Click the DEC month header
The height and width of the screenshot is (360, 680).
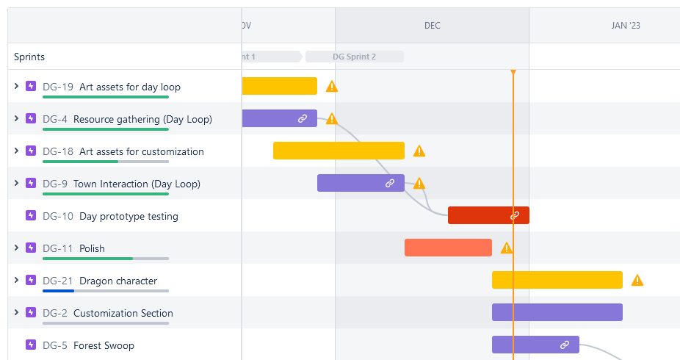point(432,26)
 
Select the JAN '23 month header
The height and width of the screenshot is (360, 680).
point(625,26)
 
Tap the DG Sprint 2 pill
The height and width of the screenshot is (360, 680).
point(354,57)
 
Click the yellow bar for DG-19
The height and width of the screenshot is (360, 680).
point(279,86)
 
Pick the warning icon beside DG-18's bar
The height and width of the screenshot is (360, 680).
point(419,151)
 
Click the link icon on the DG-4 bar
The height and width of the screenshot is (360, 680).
point(303,118)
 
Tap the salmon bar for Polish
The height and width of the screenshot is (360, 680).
point(448,248)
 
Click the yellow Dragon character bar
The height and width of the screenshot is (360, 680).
point(557,280)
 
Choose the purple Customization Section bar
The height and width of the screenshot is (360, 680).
point(557,312)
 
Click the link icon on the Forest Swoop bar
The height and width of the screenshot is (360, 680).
point(565,345)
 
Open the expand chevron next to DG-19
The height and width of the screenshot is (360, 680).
point(16,86)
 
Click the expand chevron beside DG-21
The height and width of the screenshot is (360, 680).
point(16,280)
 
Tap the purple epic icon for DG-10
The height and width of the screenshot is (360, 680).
point(31,215)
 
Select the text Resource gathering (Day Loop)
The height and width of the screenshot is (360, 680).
point(142,119)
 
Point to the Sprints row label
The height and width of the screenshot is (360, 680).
point(29,57)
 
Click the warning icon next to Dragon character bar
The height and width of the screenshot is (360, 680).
point(637,280)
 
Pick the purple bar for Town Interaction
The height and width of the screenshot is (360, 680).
point(352,183)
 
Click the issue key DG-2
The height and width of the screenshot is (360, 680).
point(55,313)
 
